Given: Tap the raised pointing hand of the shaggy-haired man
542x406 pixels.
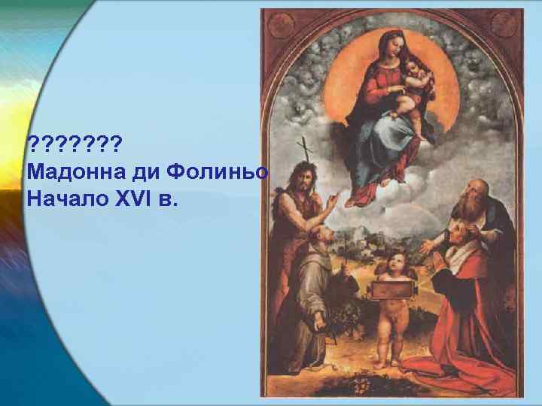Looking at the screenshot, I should (330, 201).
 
